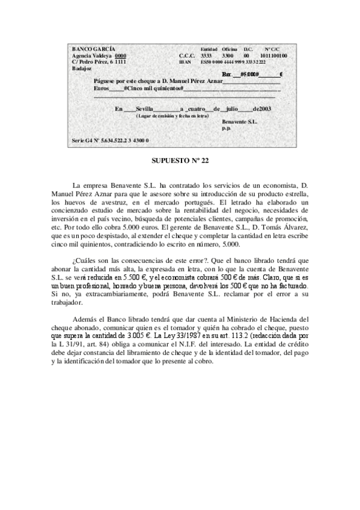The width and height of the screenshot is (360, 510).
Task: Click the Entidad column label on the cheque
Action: (209, 48)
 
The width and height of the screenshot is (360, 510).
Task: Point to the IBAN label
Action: (185, 61)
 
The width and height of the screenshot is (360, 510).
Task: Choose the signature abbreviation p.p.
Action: (226, 127)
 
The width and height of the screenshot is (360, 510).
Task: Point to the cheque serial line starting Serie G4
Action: (110, 140)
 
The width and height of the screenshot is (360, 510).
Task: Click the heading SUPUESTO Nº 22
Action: (180, 161)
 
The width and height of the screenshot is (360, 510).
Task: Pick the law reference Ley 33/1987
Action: (173, 334)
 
